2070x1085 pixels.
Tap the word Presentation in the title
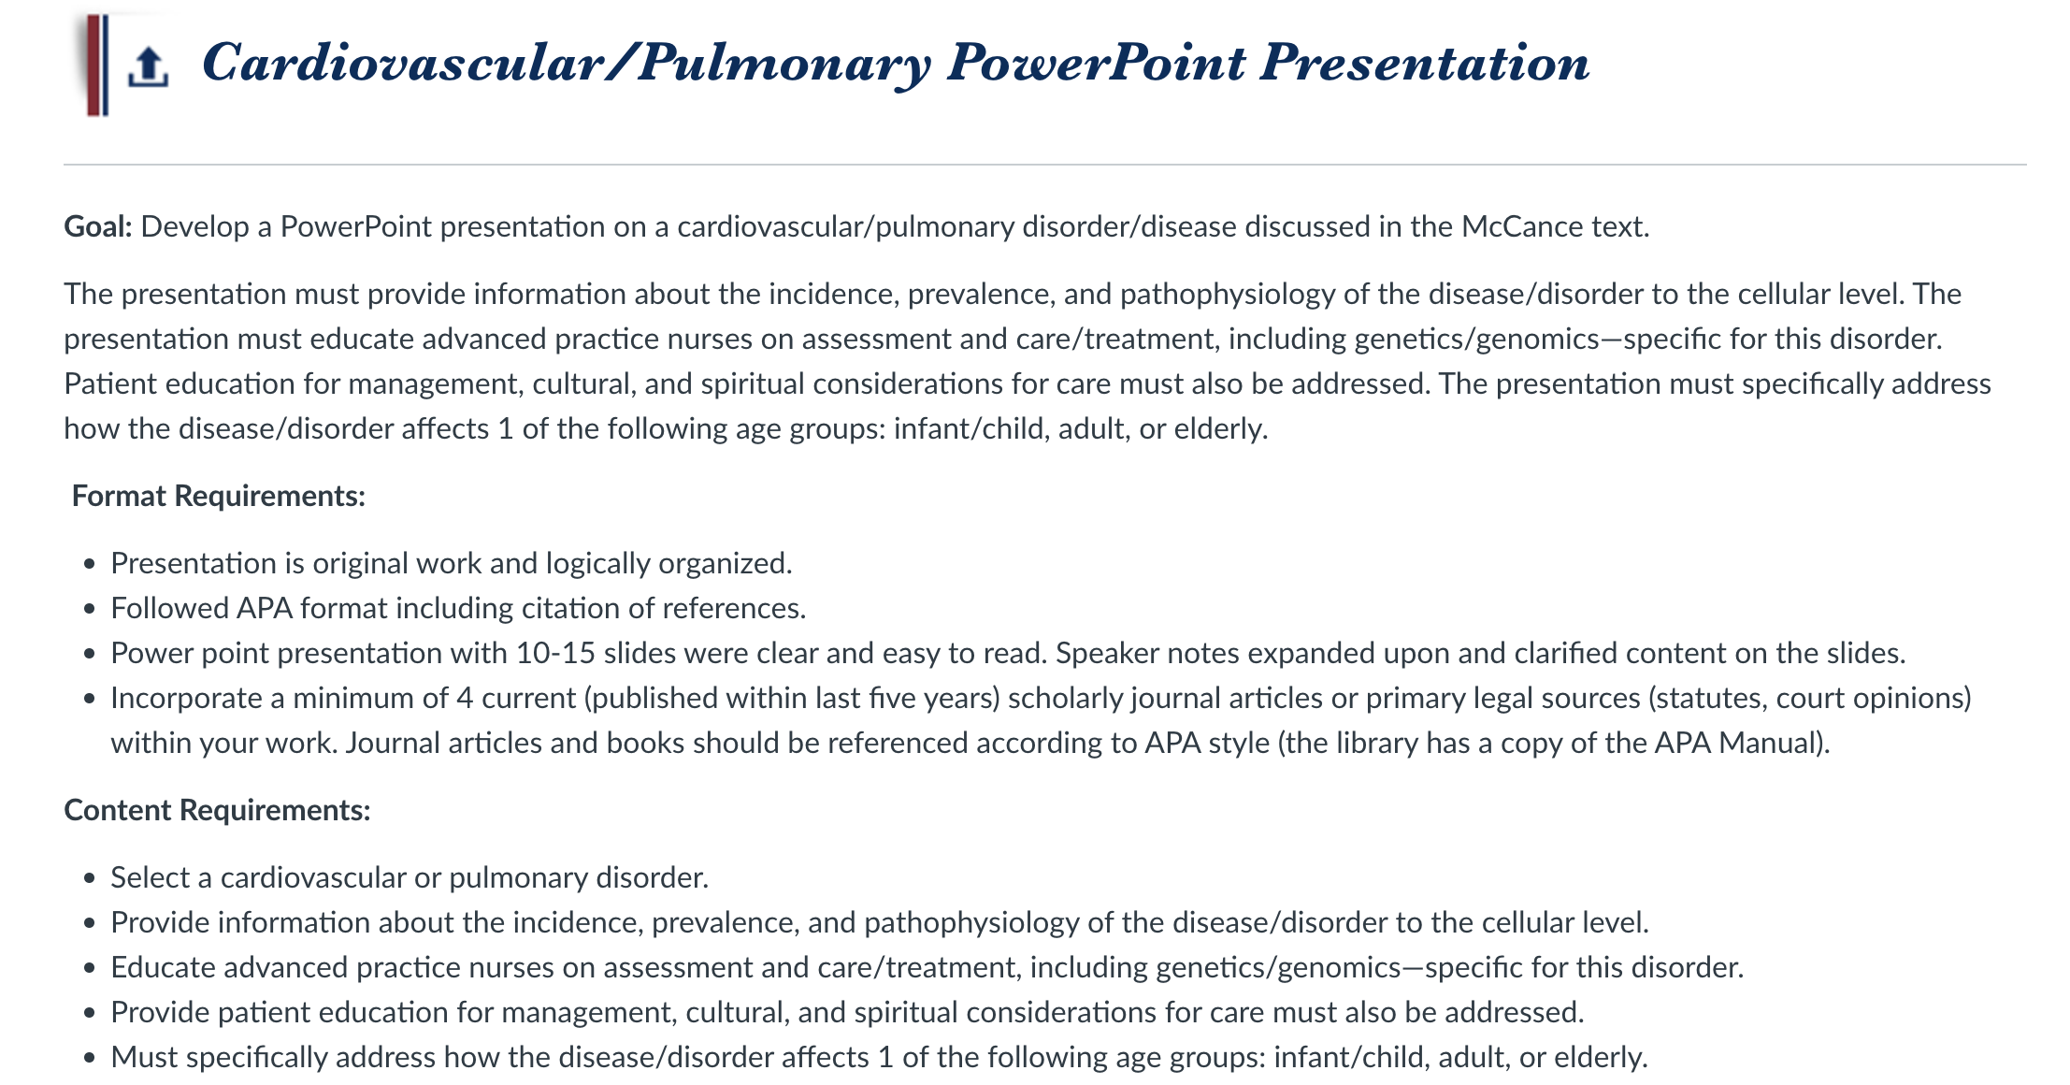[1424, 63]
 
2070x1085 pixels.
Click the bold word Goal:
[98, 226]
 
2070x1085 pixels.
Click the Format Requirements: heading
[219, 496]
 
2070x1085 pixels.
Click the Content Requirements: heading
[217, 810]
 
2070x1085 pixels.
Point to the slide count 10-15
[555, 653]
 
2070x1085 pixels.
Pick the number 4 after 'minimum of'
[466, 698]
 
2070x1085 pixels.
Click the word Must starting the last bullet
[142, 1057]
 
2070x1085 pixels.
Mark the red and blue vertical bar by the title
[96, 65]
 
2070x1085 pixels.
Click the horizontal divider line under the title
[1044, 165]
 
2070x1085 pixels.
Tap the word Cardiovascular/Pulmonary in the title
[567, 63]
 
